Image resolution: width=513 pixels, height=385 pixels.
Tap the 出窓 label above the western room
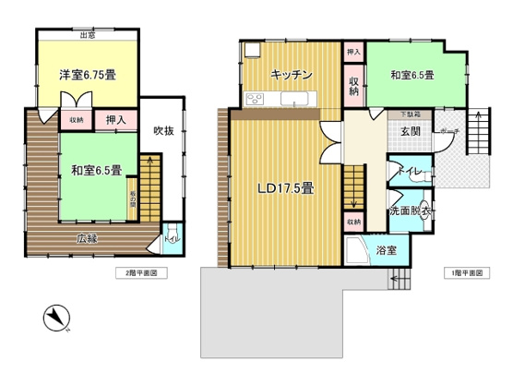click(88, 36)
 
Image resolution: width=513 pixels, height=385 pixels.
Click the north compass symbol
click(56, 319)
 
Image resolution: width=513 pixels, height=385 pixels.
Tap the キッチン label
click(291, 75)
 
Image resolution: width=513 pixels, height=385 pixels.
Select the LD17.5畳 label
click(285, 188)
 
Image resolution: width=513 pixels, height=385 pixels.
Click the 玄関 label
click(410, 131)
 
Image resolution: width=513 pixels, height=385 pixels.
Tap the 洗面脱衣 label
click(410, 211)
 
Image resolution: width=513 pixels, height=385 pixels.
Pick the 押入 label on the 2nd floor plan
click(115, 120)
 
